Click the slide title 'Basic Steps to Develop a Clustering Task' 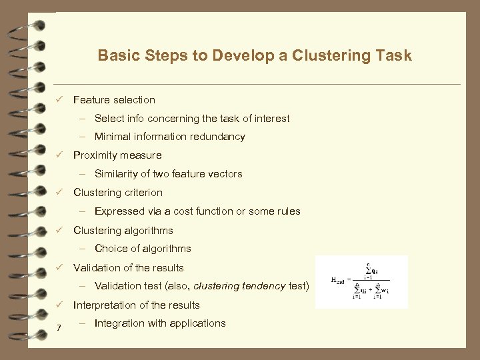tap(255, 55)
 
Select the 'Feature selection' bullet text tap(114, 100)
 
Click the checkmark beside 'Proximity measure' tap(59, 155)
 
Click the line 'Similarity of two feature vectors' tap(168, 174)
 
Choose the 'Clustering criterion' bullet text tap(118, 193)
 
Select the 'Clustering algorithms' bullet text tap(123, 231)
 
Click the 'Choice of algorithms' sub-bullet tap(143, 249)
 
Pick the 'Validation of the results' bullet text tap(129, 268)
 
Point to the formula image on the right tap(361, 281)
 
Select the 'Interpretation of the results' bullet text tap(137, 305)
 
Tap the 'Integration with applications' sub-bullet tap(160, 323)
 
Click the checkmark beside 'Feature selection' tap(59, 100)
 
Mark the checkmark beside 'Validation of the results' tap(59, 268)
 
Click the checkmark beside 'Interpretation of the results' tap(59, 305)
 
